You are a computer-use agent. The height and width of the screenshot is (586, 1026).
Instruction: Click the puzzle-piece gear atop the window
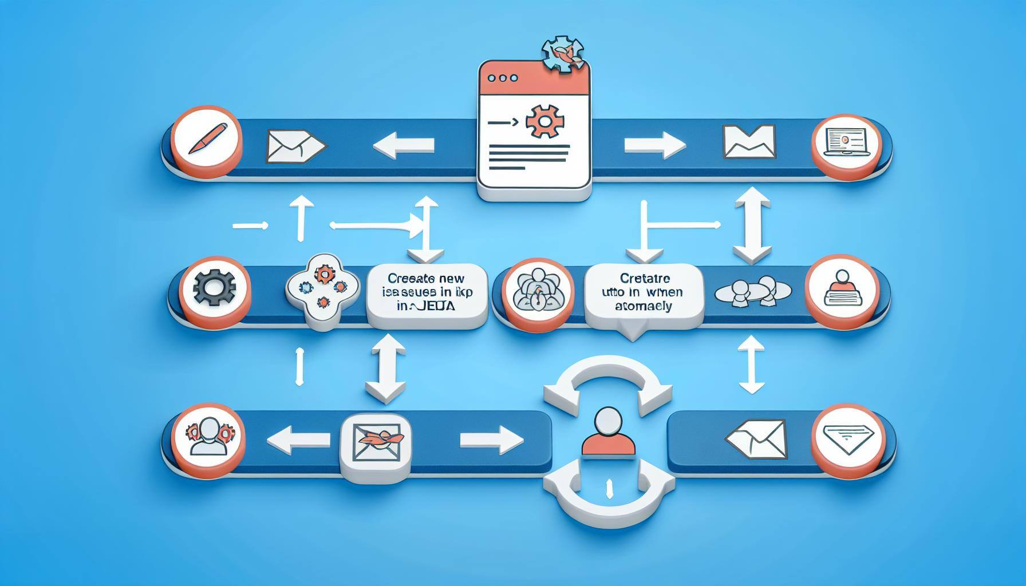point(563,55)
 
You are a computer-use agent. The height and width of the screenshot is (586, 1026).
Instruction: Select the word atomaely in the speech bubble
point(644,307)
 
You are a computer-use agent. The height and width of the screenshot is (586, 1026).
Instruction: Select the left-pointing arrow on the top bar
point(403,146)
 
